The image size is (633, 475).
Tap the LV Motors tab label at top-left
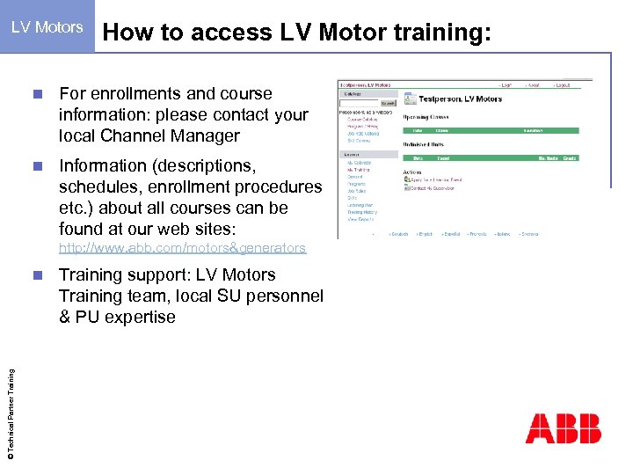click(x=47, y=26)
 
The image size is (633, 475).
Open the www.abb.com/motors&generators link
click(x=182, y=248)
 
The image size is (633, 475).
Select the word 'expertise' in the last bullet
click(x=140, y=317)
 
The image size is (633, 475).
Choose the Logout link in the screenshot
click(x=561, y=84)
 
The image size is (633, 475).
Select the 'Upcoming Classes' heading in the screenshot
click(x=427, y=116)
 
